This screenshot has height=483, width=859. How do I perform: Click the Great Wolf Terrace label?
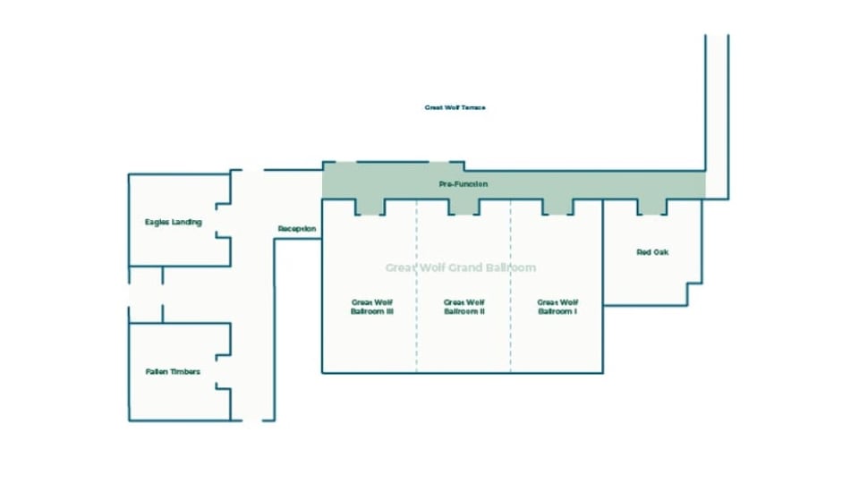455,107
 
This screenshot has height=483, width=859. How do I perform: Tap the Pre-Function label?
464,184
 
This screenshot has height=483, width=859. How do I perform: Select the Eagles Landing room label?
173,222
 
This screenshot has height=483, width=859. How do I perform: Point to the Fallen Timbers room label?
173,371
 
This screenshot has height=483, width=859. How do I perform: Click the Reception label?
297,229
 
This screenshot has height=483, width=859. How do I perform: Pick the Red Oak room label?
652,252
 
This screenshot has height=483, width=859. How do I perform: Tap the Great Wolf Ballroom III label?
372,307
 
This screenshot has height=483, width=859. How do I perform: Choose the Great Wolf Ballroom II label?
464,307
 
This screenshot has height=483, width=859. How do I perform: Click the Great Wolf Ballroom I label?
557,307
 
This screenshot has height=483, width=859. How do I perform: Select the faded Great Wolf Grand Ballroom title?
461,267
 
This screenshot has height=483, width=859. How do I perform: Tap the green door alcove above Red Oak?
652,207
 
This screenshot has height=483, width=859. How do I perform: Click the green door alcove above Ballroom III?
370,207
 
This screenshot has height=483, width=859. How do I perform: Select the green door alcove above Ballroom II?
464,207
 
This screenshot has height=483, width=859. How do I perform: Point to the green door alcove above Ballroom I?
557,207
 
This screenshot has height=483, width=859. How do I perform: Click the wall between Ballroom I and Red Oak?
603,268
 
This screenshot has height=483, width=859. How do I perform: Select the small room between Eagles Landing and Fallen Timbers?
145,293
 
